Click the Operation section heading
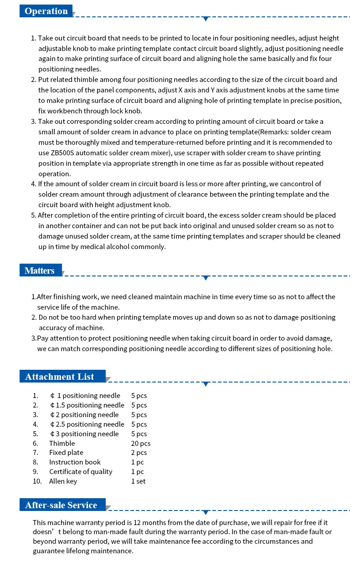(46, 11)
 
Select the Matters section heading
(40, 271)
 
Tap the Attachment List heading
(60, 377)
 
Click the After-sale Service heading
(61, 505)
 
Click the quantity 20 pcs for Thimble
(140, 443)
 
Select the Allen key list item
(63, 481)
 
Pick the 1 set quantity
(139, 481)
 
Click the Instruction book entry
(75, 462)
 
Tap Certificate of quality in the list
(81, 471)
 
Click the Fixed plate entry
(66, 452)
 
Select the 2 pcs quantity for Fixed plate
(139, 452)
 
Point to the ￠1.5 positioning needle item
(87, 405)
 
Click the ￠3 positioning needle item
(84, 434)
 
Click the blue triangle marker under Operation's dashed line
(206, 19)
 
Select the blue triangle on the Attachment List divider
(206, 384)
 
